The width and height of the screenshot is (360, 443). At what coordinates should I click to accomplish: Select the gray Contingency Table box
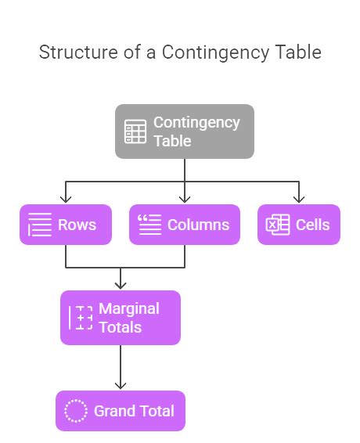point(185,131)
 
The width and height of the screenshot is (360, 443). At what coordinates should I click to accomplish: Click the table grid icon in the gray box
point(135,132)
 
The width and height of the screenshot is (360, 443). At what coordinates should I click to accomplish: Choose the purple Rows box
point(65,225)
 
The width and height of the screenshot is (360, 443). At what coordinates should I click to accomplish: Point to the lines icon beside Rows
point(40,225)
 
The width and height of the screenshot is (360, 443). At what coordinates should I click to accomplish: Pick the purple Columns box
point(184,225)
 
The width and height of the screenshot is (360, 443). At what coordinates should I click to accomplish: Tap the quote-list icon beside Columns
point(149,225)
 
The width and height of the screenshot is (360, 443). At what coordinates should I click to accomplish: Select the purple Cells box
point(299,225)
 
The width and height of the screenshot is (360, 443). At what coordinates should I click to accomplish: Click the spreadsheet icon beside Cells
point(278,225)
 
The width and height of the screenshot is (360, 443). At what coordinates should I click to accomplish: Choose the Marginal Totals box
point(121,318)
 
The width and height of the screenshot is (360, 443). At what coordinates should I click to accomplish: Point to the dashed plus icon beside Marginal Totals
point(81,318)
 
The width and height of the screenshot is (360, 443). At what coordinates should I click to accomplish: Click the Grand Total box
point(121,411)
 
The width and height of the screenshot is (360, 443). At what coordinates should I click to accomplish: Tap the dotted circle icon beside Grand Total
point(76,411)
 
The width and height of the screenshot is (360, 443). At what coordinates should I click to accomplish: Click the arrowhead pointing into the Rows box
point(66,200)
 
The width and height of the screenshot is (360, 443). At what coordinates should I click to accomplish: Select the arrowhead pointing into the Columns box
point(185,200)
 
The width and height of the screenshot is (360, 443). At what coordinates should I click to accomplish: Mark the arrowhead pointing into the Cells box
point(299,200)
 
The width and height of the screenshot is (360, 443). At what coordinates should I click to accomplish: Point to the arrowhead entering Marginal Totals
point(121,286)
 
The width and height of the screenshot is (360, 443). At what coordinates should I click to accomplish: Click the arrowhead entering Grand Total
point(121,385)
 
